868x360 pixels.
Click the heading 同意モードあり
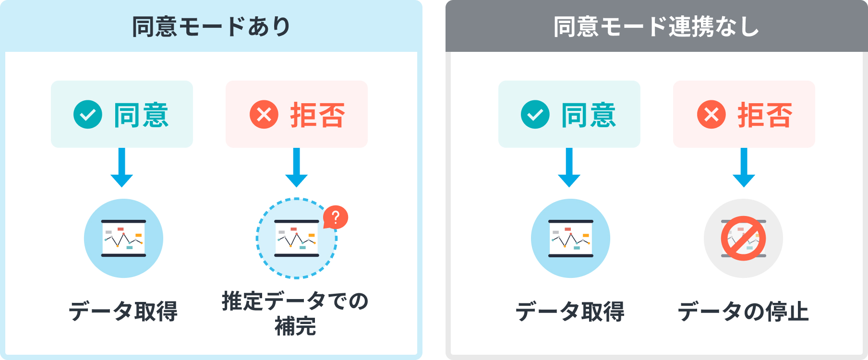pos(211,26)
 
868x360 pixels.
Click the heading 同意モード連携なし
pos(656,26)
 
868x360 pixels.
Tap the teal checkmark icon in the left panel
pos(88,115)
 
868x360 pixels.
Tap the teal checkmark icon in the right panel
pos(535,115)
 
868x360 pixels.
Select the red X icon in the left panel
pos(264,115)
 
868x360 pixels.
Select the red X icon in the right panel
pos(711,115)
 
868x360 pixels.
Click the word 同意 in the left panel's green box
pos(141,115)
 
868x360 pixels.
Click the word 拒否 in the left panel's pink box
pos(317,115)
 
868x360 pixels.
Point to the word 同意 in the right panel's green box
pos(589,115)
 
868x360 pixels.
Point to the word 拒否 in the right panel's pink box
pos(765,115)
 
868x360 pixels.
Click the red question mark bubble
pos(336,217)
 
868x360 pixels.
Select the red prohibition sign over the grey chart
pos(743,238)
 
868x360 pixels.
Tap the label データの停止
pos(743,312)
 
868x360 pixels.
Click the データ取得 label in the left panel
pos(123,312)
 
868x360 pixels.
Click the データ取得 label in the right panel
pos(570,312)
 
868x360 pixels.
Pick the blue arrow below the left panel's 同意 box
pos(122,168)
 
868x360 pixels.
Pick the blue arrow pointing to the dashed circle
pos(297,168)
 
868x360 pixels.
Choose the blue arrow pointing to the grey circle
pos(744,168)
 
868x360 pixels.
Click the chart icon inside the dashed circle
pos(296,238)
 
